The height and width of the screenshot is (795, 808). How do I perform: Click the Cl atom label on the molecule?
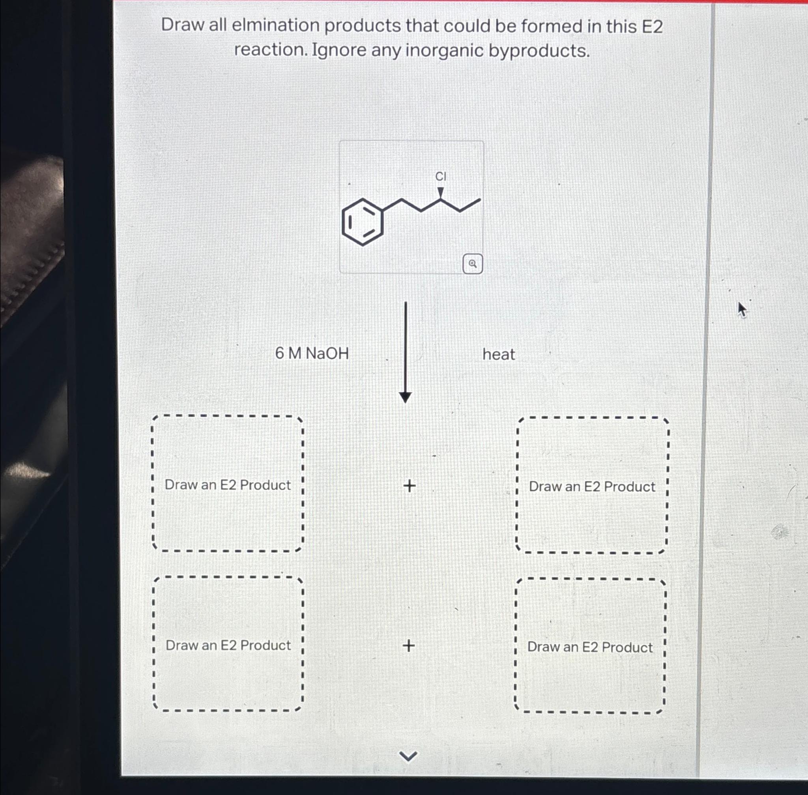tap(441, 177)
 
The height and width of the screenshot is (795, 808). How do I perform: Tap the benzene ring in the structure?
tap(362, 222)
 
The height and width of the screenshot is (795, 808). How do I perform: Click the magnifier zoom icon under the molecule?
tap(472, 264)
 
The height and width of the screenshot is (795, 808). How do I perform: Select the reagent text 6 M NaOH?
tap(312, 353)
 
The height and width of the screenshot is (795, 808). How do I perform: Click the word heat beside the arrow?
tap(498, 354)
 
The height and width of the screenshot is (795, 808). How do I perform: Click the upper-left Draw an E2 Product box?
tap(228, 484)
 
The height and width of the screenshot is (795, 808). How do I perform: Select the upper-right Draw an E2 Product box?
tap(592, 486)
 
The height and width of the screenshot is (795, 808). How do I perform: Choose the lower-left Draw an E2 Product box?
tap(228, 645)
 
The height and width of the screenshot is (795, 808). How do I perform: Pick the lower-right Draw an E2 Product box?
tap(589, 646)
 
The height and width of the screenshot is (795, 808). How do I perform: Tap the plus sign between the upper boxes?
tap(409, 486)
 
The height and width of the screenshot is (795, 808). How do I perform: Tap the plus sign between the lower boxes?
tap(409, 645)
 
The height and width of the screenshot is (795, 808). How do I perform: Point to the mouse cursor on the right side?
tap(741, 309)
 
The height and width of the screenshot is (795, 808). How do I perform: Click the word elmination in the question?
tap(275, 26)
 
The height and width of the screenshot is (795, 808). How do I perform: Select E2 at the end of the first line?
tap(652, 27)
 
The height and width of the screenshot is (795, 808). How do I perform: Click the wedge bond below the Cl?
tap(441, 192)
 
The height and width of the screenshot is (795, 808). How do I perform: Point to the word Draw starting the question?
tap(181, 25)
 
